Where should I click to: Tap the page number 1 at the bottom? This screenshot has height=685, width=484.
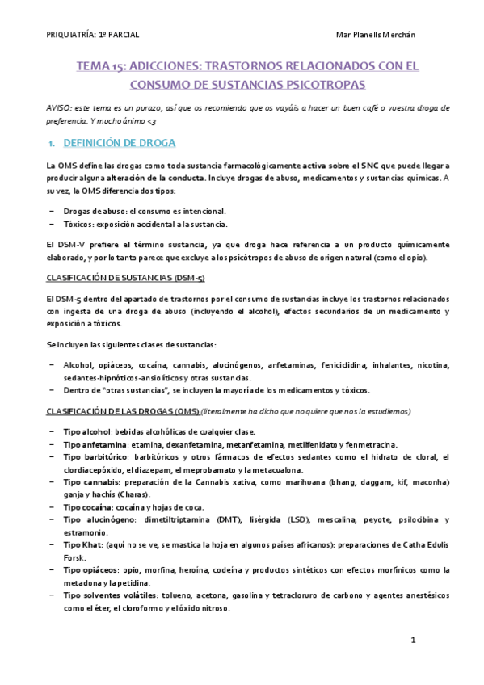coord(412,641)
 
